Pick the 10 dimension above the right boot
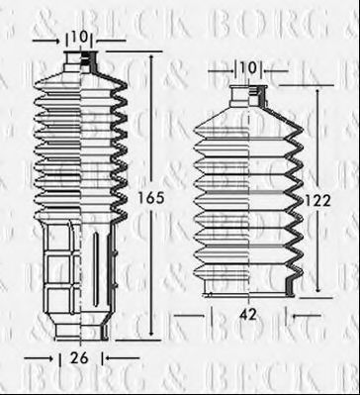coord(247,68)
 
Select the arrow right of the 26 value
coord(108,357)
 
